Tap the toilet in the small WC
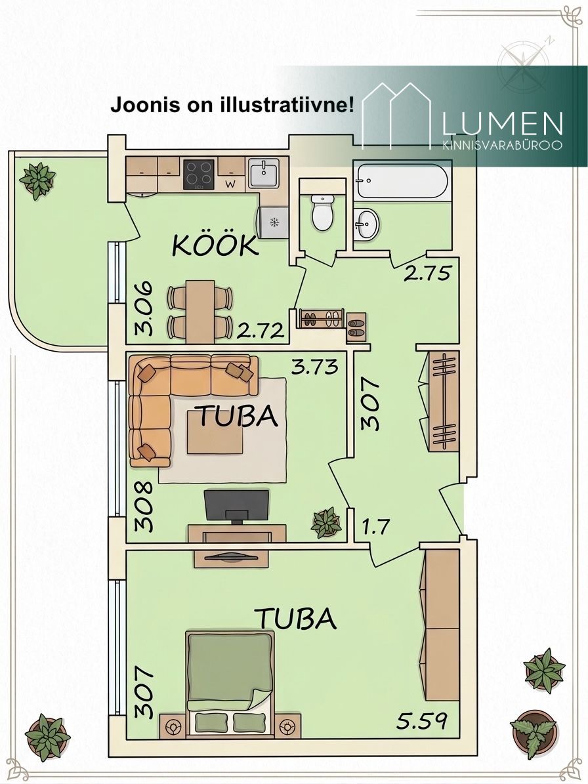point(322,212)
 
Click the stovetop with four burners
point(199,174)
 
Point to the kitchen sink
point(264,173)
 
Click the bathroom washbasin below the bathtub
point(367,224)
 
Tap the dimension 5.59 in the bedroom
point(421,721)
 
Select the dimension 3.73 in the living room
point(315,367)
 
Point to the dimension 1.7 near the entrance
point(375,526)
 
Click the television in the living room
point(236,506)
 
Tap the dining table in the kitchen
point(201,311)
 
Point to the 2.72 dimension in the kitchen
point(261,331)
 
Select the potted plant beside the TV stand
point(326,522)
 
